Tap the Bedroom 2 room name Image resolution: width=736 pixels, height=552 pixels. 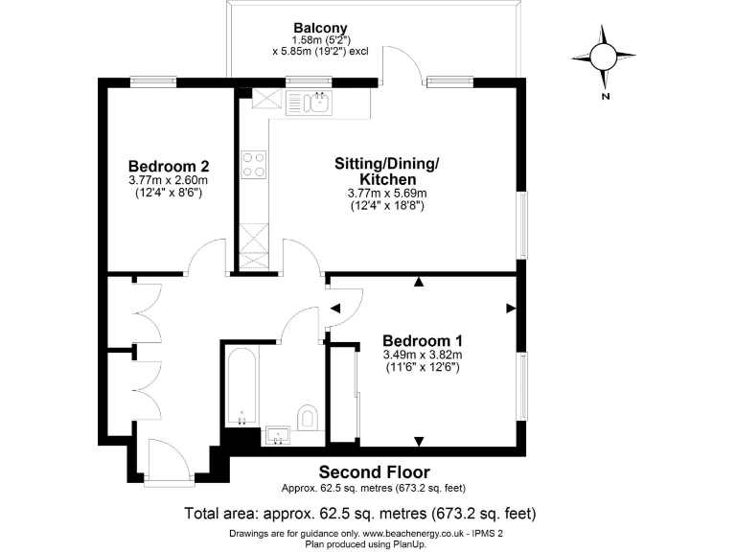click(169, 164)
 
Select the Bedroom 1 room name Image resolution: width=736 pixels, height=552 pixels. click(423, 340)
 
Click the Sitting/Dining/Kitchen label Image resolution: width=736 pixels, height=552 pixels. click(387, 172)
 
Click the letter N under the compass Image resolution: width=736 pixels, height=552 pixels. click(606, 97)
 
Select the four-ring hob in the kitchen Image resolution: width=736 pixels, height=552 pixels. click(254, 165)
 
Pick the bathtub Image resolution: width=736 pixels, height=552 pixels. click(241, 389)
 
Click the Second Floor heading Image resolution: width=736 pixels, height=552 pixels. click(374, 471)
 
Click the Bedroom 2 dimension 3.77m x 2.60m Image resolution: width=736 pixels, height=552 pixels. click(169, 179)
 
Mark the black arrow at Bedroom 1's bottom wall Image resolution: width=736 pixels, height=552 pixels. click(419, 441)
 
